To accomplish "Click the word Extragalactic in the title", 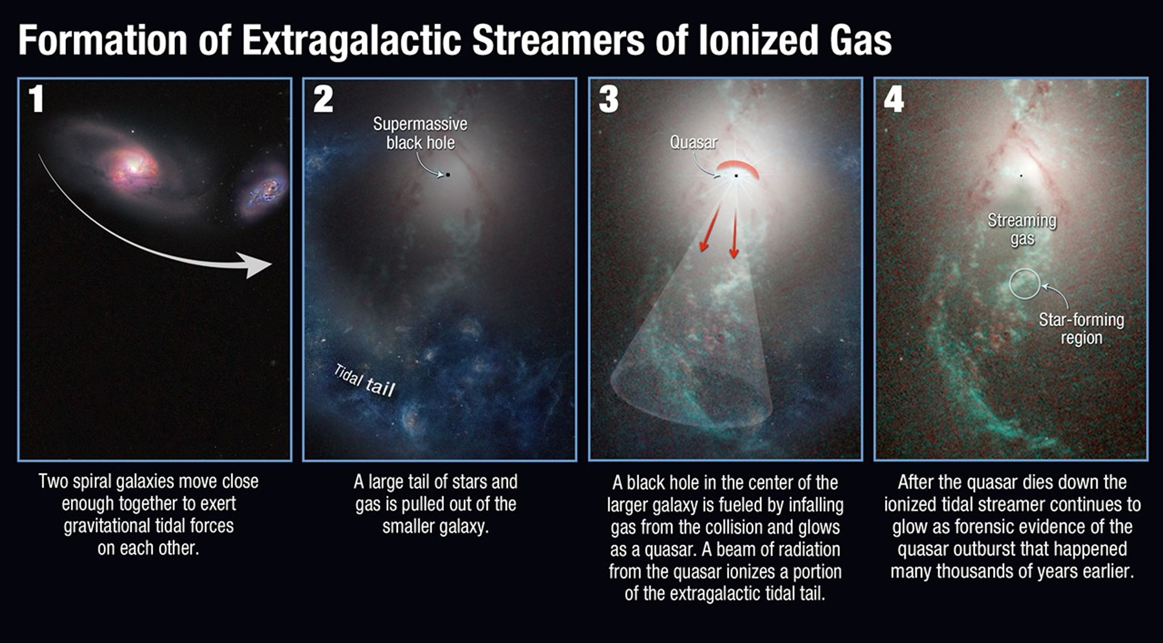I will click(x=351, y=41).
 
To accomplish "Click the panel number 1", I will click(x=36, y=99).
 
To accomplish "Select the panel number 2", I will click(x=323, y=100).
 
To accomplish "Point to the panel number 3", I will click(x=609, y=100).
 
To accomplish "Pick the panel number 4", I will click(x=894, y=100).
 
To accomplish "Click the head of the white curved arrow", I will click(x=257, y=265).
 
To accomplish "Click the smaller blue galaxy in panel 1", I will click(x=264, y=191).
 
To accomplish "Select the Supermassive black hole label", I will click(x=420, y=134).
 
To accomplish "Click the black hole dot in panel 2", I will click(x=448, y=174).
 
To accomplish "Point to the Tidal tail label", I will click(x=364, y=381).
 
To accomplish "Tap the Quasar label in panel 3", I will click(x=693, y=143).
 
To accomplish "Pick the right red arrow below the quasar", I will click(x=734, y=232).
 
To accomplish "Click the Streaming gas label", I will click(x=1022, y=230).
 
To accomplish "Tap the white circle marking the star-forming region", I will click(x=1025, y=284).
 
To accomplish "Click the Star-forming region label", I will click(x=1081, y=329).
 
